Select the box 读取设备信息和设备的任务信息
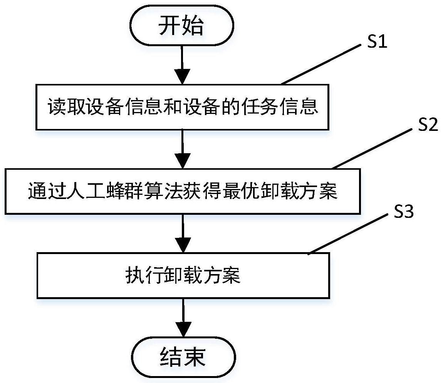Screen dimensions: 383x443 click(183, 107)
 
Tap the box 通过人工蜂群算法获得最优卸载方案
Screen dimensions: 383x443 click(183, 191)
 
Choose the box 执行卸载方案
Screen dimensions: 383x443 click(183, 275)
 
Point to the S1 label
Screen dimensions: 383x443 click(376, 42)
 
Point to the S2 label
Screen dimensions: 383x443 click(427, 125)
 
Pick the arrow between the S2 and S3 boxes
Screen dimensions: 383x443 click(183, 233)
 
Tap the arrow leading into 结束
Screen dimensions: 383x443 click(183, 318)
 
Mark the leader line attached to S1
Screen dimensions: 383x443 click(320, 65)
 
